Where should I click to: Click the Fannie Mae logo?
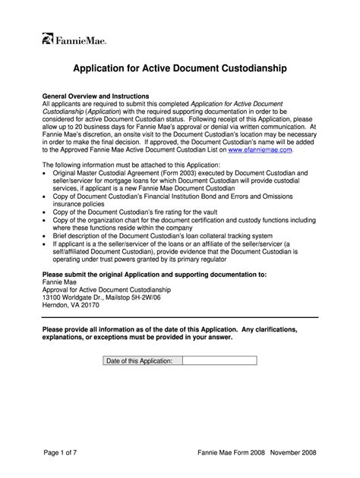click(74, 39)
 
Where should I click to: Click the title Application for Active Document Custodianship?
click(179, 69)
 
